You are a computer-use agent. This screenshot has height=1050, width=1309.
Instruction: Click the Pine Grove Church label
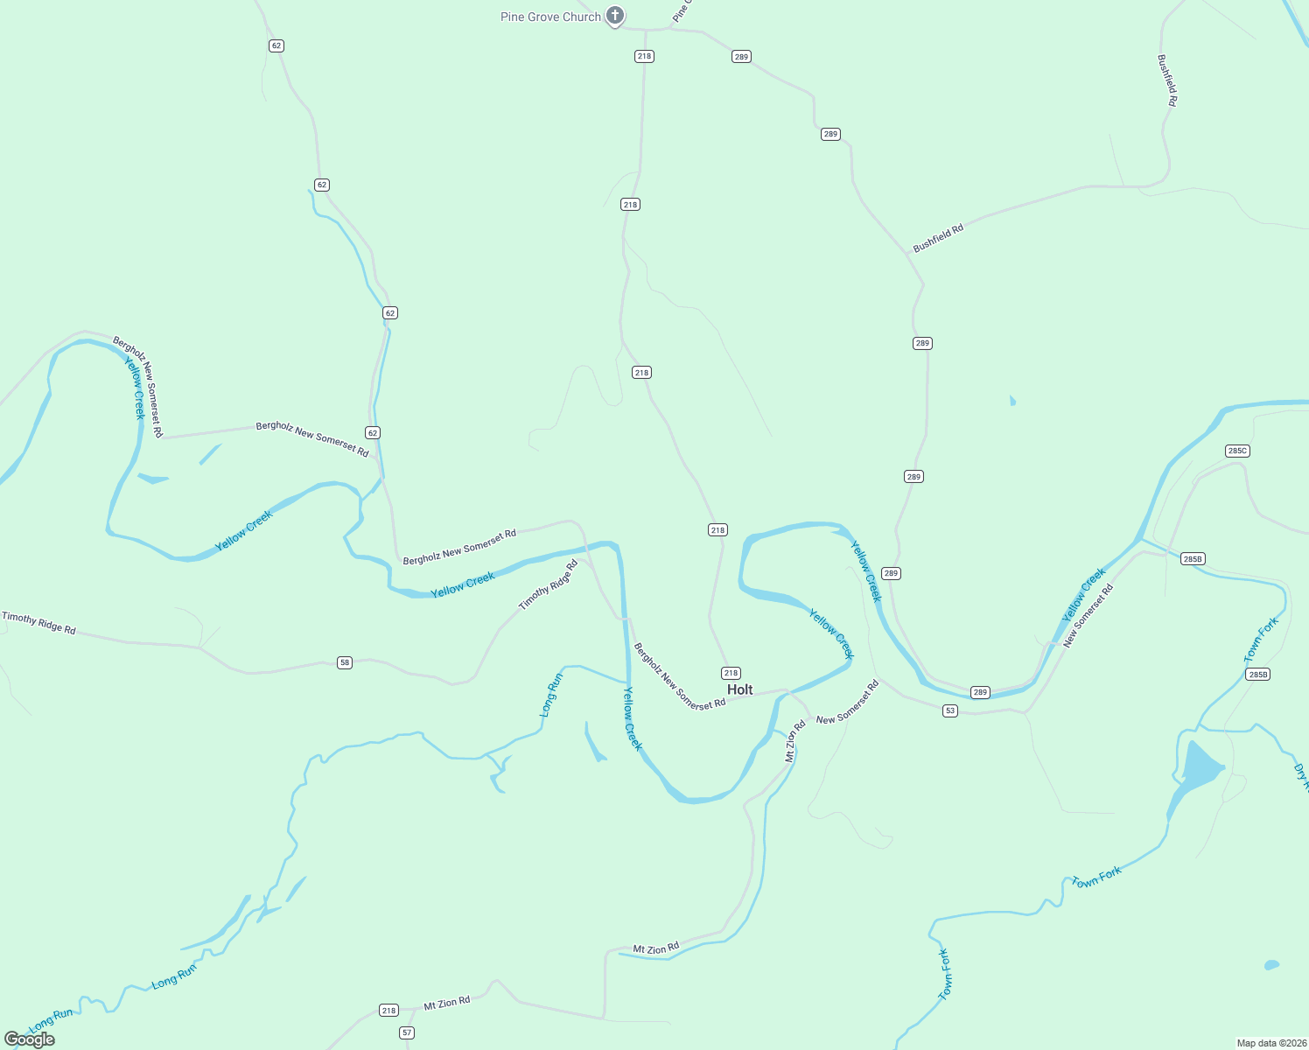click(x=550, y=17)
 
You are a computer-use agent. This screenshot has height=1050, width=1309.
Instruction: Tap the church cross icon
click(x=615, y=16)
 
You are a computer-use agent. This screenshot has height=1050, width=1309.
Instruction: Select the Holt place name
click(x=739, y=689)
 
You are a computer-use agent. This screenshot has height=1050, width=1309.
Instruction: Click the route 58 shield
click(x=345, y=662)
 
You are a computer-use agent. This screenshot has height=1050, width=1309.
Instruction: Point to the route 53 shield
click(x=950, y=710)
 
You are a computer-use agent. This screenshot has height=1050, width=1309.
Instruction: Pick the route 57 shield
click(x=407, y=1032)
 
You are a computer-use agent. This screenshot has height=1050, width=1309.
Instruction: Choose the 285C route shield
click(x=1237, y=451)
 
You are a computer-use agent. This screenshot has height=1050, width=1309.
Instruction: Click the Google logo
click(x=30, y=1039)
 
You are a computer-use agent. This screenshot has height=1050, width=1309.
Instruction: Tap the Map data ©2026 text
click(x=1270, y=1043)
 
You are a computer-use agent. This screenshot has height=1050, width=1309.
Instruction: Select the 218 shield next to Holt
click(x=731, y=673)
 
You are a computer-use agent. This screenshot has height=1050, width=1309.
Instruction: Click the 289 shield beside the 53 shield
click(x=980, y=692)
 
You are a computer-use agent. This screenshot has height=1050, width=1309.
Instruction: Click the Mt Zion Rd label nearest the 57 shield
click(x=447, y=1003)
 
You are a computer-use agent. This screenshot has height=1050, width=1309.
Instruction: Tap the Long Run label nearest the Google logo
click(x=52, y=1019)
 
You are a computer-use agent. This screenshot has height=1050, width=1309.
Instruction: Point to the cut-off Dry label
click(x=1300, y=776)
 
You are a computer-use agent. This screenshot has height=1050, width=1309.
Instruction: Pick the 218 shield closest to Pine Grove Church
click(x=644, y=56)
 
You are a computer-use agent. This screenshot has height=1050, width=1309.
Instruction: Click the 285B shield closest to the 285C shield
click(x=1193, y=558)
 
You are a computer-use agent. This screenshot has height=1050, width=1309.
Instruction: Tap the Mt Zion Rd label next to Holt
click(x=794, y=741)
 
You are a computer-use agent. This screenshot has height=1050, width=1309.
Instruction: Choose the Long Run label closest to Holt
click(x=550, y=695)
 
